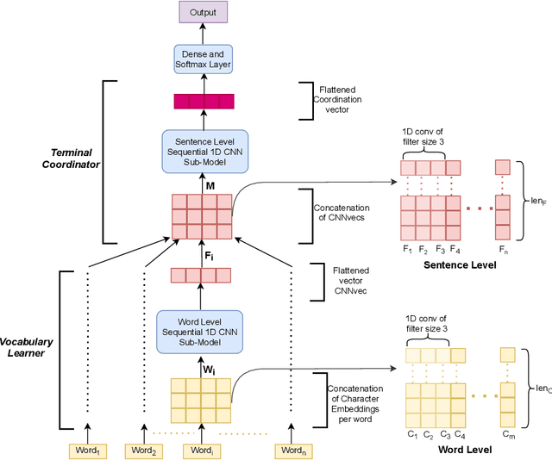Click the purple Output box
click(x=203, y=12)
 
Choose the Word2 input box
click(x=144, y=451)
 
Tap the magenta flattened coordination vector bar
click(x=203, y=102)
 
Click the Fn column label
click(x=503, y=250)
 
